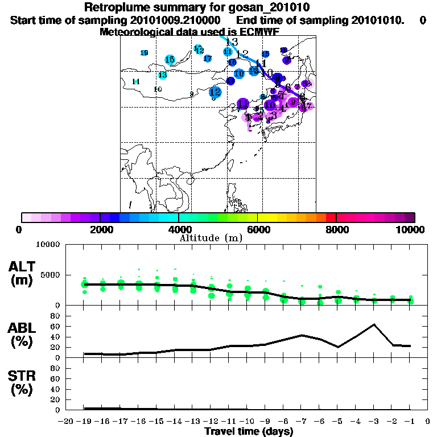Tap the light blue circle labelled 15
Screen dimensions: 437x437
point(170,60)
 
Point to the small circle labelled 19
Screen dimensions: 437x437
point(144,53)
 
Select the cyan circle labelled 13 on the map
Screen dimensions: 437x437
point(162,75)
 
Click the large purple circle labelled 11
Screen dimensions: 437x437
point(242,104)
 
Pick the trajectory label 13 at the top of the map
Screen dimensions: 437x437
point(232,42)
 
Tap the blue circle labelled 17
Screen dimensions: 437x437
point(208,58)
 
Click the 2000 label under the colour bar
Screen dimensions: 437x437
point(100,229)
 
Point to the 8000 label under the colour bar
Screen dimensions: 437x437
point(336,229)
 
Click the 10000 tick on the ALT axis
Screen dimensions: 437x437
point(48,245)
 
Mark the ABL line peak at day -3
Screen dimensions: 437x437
point(374,324)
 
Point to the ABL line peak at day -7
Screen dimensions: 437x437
point(302,335)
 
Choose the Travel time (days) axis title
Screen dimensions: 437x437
point(249,432)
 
